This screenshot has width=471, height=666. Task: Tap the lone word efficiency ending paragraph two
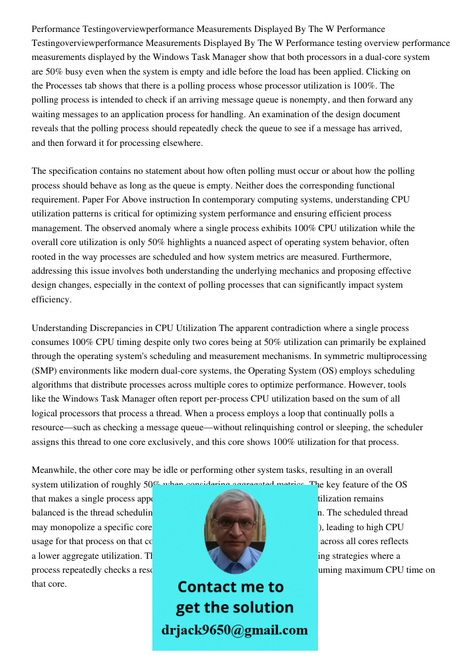click(51, 300)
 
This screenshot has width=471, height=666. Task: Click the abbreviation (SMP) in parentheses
click(47, 370)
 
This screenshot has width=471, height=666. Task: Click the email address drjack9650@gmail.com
click(235, 630)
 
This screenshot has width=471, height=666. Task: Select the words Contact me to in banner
click(230, 587)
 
